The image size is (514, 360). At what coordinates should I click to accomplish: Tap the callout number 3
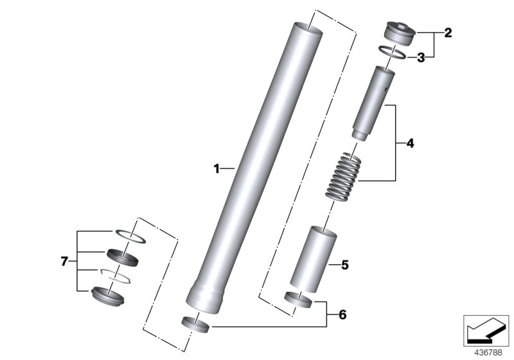click(x=421, y=58)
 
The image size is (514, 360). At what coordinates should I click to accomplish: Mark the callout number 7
click(x=64, y=261)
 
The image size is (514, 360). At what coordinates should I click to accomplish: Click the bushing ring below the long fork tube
click(x=196, y=325)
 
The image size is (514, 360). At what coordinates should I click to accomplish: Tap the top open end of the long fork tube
click(x=305, y=28)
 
